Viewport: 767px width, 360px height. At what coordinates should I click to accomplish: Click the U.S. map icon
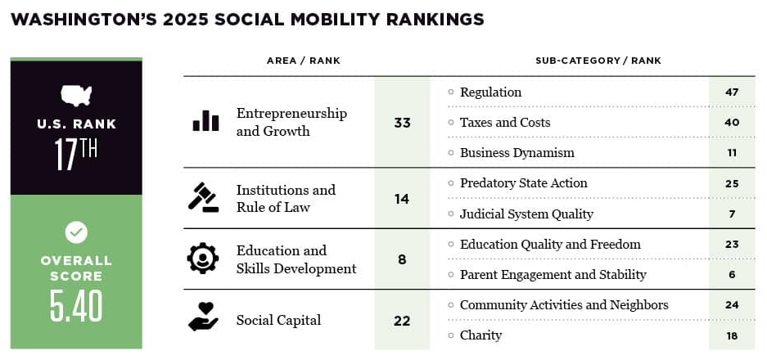point(76,95)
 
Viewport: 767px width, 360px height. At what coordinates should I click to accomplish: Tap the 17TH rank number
point(76,154)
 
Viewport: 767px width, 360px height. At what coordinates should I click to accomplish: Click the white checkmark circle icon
point(76,232)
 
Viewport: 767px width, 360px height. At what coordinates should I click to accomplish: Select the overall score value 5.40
point(76,304)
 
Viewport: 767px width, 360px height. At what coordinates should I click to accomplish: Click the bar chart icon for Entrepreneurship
point(205,121)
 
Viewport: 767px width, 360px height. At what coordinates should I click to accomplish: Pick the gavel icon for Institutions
point(204,198)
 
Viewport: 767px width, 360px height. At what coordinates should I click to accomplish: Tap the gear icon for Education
point(202,259)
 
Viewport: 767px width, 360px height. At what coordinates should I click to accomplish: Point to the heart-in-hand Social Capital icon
point(203,318)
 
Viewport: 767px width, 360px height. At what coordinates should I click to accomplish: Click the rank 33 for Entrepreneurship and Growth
point(401,124)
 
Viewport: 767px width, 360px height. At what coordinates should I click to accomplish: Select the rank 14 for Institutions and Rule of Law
point(401,199)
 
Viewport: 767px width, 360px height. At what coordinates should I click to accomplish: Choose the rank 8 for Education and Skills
point(401,259)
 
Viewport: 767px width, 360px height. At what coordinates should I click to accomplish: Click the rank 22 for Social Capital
point(401,320)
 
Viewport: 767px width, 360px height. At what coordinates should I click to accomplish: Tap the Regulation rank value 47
point(732,92)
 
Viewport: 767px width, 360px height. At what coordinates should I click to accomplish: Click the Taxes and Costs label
point(505,123)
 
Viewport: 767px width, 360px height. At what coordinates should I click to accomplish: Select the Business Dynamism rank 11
point(732,153)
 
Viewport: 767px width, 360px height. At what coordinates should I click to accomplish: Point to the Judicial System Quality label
point(526,214)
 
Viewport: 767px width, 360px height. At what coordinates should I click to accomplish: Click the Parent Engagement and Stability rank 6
point(732,275)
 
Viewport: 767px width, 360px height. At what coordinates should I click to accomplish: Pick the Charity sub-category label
point(481,335)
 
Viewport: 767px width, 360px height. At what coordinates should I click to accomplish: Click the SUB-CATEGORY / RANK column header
point(598,61)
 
